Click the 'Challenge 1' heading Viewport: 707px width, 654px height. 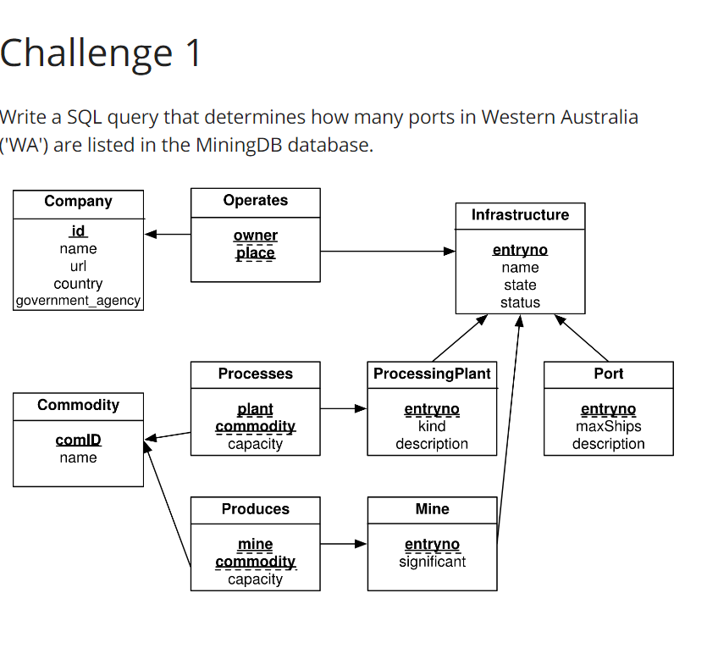(101, 53)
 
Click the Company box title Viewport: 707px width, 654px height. (78, 201)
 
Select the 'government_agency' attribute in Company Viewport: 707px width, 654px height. (78, 301)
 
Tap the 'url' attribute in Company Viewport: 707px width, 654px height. (78, 266)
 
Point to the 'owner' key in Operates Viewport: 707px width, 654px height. (255, 236)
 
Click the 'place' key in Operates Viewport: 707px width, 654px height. (255, 252)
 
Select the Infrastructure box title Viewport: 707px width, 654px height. (520, 215)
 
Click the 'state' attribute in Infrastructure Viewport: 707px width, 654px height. (520, 285)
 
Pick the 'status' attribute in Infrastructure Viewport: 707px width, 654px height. (520, 302)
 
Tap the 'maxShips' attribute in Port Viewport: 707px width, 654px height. (608, 426)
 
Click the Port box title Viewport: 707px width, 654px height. (608, 374)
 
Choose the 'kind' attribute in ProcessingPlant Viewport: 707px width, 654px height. (432, 426)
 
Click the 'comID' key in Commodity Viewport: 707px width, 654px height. (78, 440)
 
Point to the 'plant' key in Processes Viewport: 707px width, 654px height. (255, 409)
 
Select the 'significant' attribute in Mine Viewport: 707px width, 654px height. (432, 562)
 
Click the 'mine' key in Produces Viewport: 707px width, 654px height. (255, 545)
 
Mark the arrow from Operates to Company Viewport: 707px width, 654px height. (167, 234)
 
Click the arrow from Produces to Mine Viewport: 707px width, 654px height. (344, 544)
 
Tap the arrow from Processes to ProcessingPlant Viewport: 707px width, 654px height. (344, 408)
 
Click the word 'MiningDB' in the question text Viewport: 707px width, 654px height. (238, 145)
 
